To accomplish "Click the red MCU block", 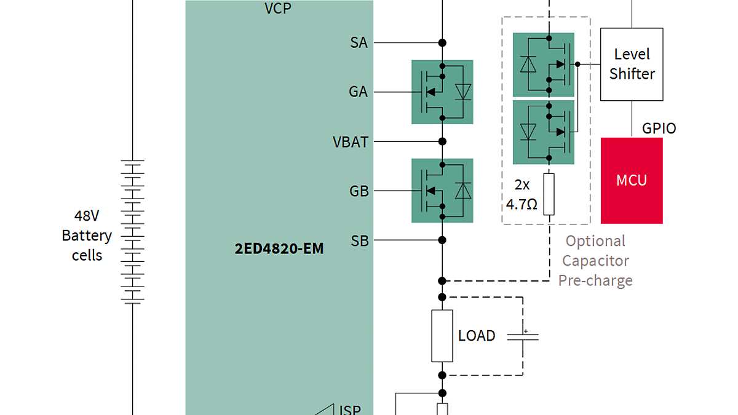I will click(x=632, y=181).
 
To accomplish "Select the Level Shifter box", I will click(x=632, y=64).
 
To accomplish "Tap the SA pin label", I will click(x=359, y=43).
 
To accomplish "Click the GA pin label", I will click(x=358, y=92).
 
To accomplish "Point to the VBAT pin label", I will click(x=351, y=142).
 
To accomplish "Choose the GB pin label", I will click(x=359, y=191).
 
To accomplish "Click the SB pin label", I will click(x=359, y=240).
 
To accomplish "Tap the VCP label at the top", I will click(x=278, y=8).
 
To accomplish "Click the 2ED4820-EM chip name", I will click(x=279, y=249).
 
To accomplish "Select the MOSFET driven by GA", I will click(x=442, y=92).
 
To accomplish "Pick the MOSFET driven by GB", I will click(x=442, y=191).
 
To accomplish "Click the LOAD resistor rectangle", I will click(x=442, y=336).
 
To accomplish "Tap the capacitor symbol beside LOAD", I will click(x=523, y=336).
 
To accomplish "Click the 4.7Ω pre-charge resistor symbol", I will click(x=549, y=194).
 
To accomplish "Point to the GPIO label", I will click(x=659, y=128).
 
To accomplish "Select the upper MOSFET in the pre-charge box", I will click(x=544, y=65).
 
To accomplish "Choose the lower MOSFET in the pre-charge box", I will click(x=544, y=132).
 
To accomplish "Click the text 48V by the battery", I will click(x=87, y=216).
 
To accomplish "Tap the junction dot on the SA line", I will click(x=442, y=43).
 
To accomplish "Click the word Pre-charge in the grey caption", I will click(x=595, y=280).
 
